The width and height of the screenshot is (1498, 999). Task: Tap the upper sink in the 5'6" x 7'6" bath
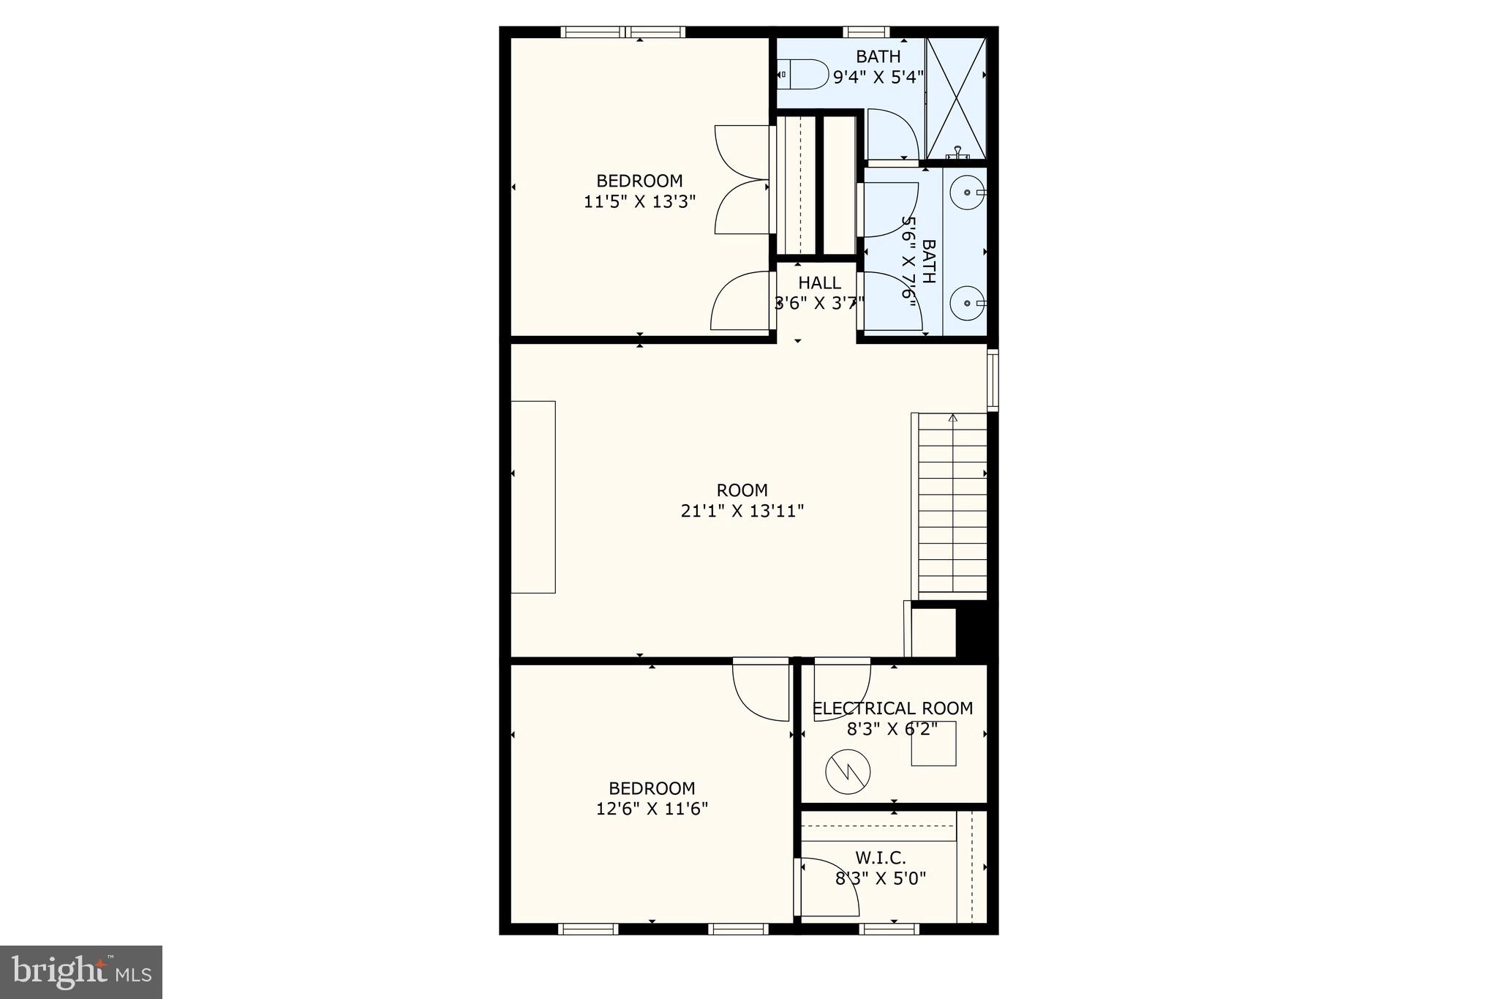coord(967,192)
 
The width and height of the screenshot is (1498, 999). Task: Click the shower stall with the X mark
coord(956,98)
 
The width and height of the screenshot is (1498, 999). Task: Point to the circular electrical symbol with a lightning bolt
coord(848,771)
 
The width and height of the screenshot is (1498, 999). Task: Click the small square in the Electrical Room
coord(933,743)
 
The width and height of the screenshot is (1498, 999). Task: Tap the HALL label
coord(819,283)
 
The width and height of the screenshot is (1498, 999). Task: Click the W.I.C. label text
coord(881,857)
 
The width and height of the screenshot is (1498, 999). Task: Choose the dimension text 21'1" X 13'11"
coord(742,511)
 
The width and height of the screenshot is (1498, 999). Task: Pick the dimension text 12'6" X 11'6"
coord(652,809)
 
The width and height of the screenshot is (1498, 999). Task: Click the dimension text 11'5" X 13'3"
coord(639,201)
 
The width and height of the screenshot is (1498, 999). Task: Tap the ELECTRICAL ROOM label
coord(892,708)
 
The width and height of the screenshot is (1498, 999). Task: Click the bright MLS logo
coord(81,972)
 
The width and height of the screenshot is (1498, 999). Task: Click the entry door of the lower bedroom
coord(761,692)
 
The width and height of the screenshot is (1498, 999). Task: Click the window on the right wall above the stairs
coord(993,379)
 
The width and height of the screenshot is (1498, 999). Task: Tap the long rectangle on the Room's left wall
coord(533,497)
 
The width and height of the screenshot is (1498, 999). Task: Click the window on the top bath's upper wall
coord(866,31)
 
